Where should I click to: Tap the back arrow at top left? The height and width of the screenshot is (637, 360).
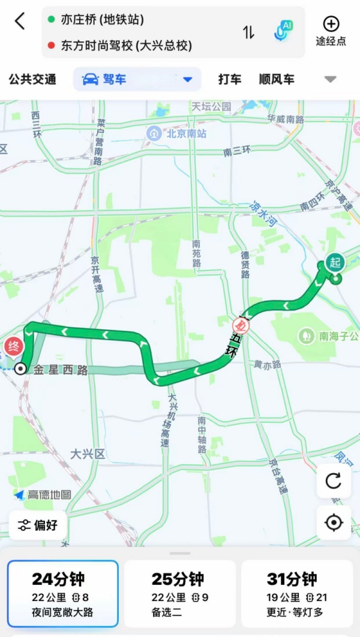click(20, 22)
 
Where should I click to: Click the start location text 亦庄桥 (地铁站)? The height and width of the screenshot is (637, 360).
click(103, 20)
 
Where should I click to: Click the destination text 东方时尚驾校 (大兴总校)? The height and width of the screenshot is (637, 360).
click(126, 46)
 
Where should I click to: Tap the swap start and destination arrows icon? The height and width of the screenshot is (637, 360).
click(248, 32)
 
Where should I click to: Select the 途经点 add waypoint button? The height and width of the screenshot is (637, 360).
click(331, 31)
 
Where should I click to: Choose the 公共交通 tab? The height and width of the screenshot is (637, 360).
click(32, 79)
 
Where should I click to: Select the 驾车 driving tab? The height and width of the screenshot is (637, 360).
click(137, 79)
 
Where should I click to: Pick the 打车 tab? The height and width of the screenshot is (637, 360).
click(230, 79)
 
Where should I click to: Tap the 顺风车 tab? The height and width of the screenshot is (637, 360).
click(277, 79)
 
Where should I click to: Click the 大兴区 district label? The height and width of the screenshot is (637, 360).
click(87, 453)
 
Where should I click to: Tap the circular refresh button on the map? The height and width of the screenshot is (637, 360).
click(334, 481)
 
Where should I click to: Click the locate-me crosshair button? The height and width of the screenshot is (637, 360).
click(334, 522)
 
